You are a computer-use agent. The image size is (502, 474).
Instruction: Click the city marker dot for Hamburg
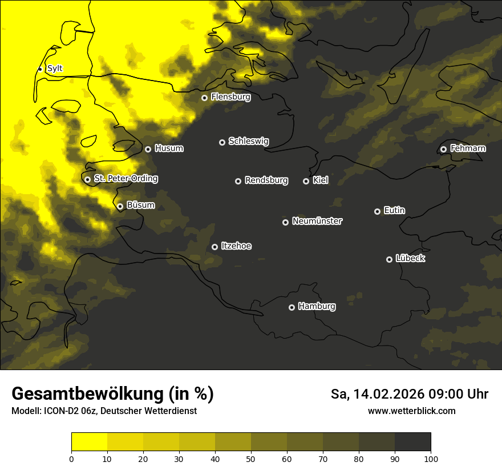click(292, 307)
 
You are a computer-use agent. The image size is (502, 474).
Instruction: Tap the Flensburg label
click(230, 97)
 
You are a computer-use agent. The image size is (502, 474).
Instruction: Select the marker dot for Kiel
click(306, 181)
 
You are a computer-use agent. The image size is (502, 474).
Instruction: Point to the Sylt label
click(55, 69)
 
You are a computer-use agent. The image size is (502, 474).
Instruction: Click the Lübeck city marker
click(389, 259)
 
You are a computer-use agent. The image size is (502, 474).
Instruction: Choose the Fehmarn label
click(468, 148)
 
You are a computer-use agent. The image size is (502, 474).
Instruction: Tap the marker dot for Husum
click(148, 149)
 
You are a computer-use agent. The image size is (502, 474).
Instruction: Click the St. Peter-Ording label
click(125, 179)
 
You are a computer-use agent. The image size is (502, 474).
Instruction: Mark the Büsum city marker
click(120, 207)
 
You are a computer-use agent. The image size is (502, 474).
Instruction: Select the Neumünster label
click(317, 221)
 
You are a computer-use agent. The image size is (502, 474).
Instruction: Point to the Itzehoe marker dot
click(214, 247)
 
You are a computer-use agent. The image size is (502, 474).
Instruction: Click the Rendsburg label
click(266, 180)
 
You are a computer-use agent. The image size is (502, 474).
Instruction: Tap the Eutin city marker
click(377, 211)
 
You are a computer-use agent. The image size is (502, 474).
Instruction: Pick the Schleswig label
click(248, 141)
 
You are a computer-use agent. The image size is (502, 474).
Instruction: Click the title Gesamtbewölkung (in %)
click(112, 394)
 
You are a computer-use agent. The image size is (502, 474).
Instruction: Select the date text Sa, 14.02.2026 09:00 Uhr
click(410, 394)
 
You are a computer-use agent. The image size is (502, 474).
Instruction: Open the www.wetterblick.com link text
click(411, 411)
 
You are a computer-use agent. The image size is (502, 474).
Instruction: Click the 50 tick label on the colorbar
click(251, 458)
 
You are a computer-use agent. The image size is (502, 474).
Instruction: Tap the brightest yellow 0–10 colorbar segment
click(89, 442)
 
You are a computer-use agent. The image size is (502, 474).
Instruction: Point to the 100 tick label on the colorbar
click(431, 458)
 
